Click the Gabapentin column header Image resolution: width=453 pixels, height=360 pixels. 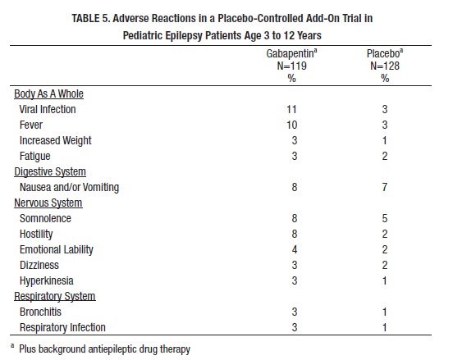291,53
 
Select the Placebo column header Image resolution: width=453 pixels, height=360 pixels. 385,53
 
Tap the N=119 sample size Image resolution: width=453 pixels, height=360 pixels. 292,66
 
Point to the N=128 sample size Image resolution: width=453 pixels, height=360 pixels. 385,66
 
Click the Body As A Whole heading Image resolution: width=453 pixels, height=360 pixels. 48,93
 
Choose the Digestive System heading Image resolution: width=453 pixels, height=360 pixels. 50,171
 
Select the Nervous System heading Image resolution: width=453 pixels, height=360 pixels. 48,203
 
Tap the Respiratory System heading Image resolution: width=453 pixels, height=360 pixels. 55,297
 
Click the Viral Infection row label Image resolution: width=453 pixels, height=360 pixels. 48,109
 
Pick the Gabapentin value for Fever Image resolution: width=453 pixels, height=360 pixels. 292,125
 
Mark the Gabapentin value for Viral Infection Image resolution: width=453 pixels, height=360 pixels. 292,109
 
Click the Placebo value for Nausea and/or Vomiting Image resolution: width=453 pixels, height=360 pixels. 385,187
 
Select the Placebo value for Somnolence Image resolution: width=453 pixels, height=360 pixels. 385,218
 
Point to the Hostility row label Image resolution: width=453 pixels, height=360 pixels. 36,235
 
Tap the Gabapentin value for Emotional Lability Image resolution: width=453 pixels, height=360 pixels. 295,250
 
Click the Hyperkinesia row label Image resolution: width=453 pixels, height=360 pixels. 47,281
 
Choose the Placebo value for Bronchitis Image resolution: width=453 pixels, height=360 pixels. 385,312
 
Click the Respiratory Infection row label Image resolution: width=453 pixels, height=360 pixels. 62,328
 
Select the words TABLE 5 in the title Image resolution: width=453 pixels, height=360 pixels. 91,19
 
